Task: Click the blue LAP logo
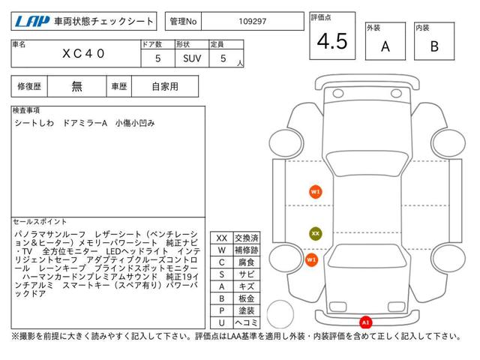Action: click(32, 22)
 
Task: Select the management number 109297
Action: click(253, 22)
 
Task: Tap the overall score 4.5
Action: click(332, 41)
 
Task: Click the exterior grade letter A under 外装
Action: click(385, 46)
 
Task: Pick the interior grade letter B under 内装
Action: click(434, 46)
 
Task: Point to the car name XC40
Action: click(83, 54)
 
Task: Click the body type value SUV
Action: click(192, 58)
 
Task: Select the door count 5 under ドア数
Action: click(158, 58)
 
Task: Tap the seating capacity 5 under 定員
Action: click(223, 58)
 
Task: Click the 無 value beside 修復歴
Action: click(76, 87)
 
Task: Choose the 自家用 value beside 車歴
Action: click(165, 87)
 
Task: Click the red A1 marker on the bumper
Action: click(365, 322)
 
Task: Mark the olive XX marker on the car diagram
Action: click(315, 233)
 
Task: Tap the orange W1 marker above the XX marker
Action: click(315, 192)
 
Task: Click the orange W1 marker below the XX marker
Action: click(311, 260)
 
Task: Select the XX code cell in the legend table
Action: click(222, 238)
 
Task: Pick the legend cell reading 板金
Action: click(247, 298)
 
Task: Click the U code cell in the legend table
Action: click(222, 322)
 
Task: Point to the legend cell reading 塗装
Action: click(247, 310)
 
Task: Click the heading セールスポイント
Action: click(40, 222)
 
